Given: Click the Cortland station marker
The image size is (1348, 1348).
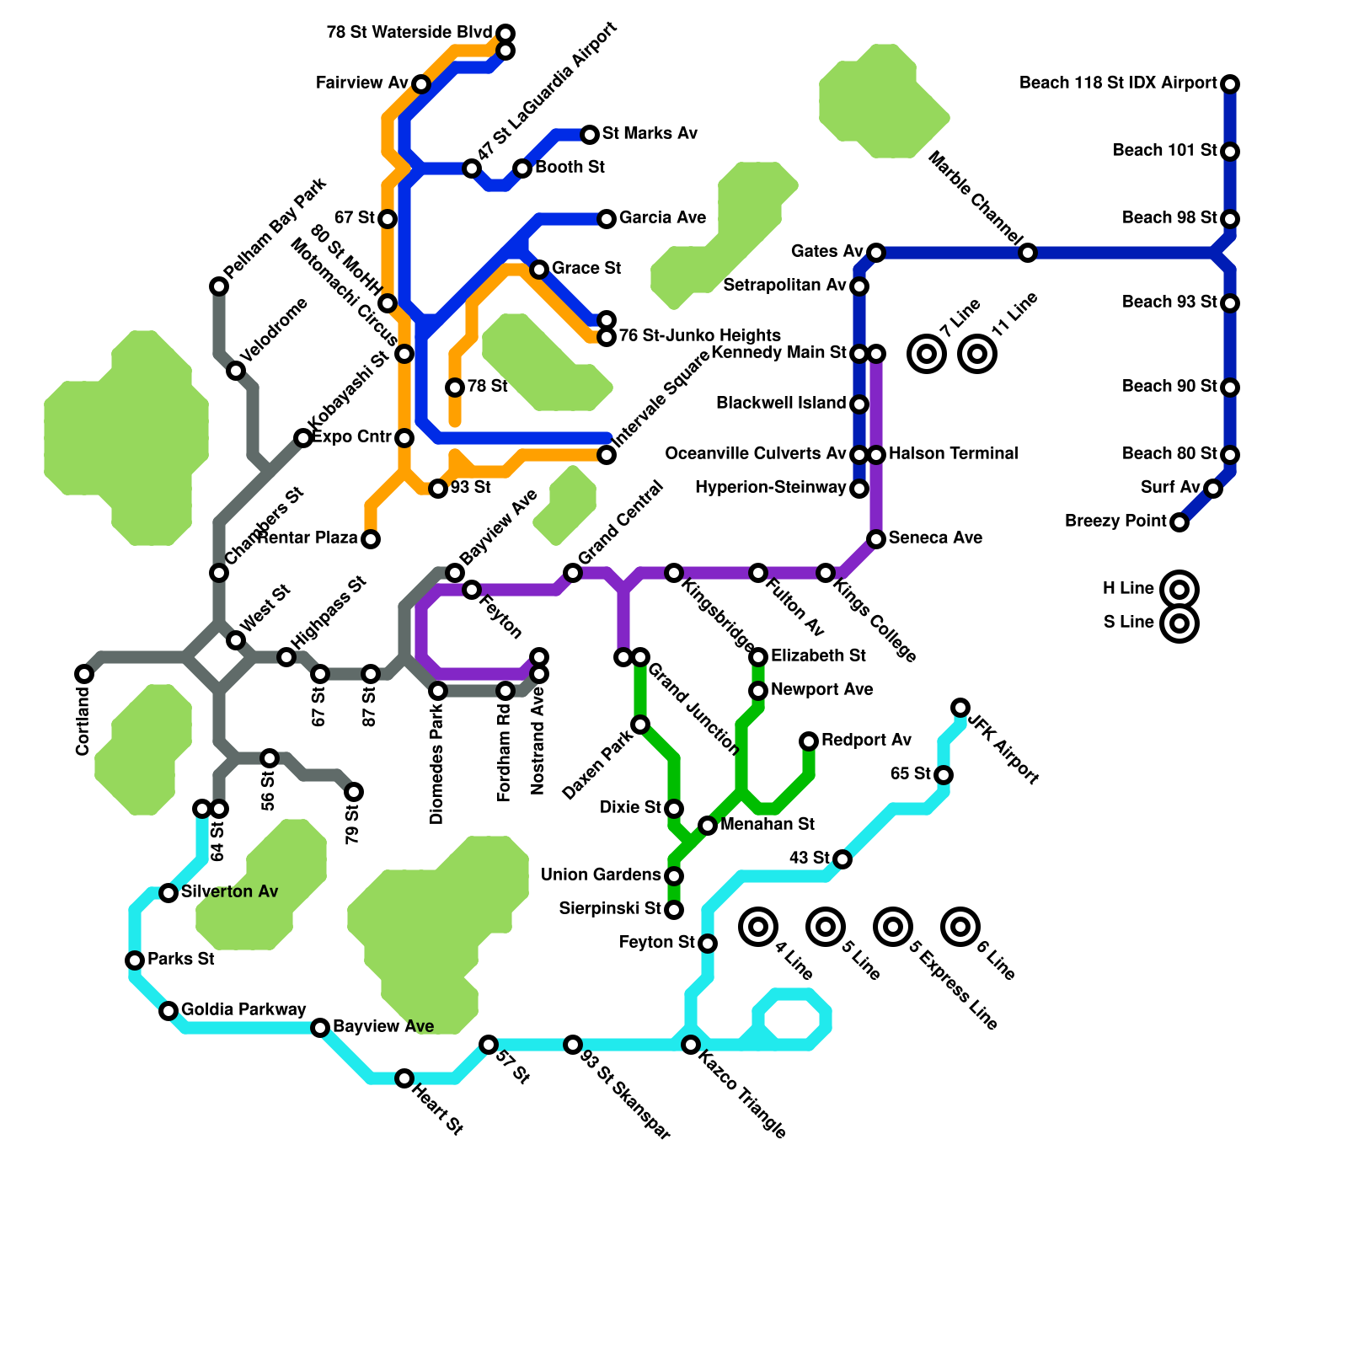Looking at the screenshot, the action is click(84, 674).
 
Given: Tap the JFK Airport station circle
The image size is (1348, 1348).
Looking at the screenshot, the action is click(960, 708).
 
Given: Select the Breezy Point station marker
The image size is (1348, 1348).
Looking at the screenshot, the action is click(1179, 522).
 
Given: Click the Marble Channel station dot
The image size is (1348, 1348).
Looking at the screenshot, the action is click(1028, 253).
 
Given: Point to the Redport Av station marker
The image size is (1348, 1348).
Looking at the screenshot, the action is click(809, 741).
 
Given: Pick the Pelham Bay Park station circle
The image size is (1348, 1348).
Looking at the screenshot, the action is click(219, 286).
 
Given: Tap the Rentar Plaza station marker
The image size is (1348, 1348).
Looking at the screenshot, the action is click(371, 539).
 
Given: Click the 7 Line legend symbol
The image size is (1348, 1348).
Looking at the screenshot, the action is click(927, 354).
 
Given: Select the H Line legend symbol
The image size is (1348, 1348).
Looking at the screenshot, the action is click(1179, 590).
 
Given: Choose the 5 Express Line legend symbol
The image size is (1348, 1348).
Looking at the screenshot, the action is click(893, 927).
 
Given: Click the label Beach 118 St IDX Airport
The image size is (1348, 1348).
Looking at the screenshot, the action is click(1118, 83).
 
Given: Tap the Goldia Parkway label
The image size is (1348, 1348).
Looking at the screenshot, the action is click(243, 1010).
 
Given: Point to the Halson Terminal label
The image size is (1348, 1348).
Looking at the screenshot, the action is click(953, 454).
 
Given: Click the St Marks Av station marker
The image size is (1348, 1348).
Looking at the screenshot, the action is click(590, 135).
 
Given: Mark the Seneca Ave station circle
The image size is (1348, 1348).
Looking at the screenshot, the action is click(876, 539).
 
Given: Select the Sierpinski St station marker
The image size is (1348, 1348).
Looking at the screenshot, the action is click(674, 910).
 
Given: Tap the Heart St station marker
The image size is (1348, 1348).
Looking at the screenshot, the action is click(404, 1078).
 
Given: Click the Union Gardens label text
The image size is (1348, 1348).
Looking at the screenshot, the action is click(601, 875).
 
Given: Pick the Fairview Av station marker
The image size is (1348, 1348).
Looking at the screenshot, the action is click(421, 84).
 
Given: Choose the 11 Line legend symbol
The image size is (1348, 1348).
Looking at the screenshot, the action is click(977, 354).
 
